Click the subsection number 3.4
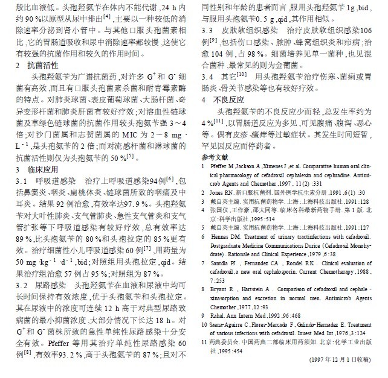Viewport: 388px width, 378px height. (207, 77)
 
